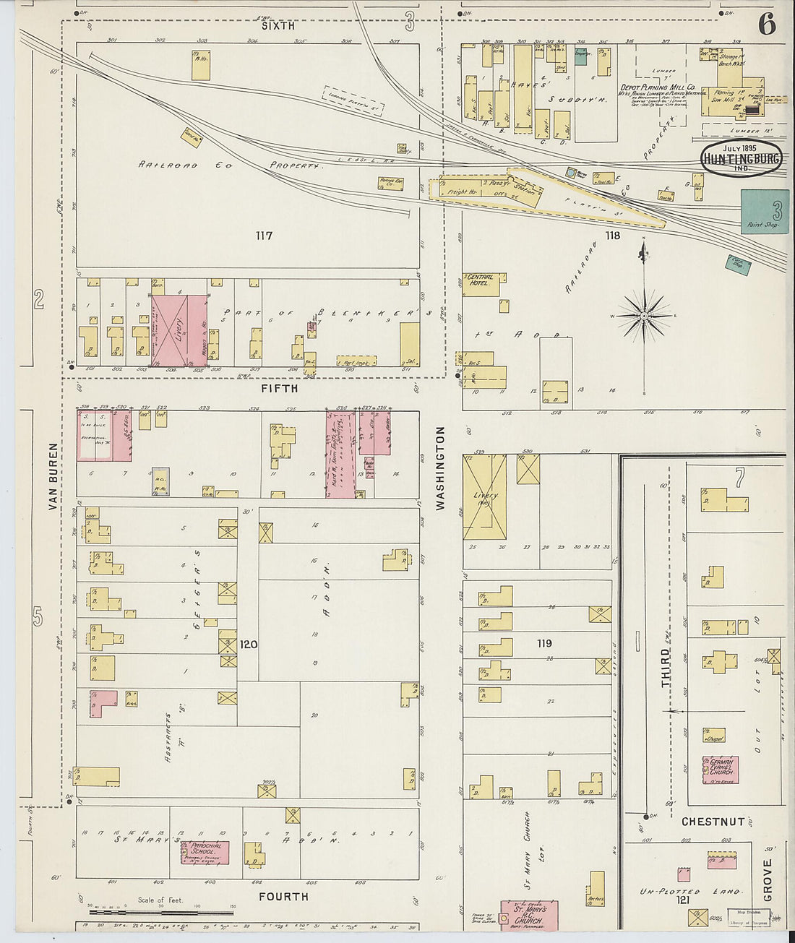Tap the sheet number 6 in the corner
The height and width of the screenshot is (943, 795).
[767, 25]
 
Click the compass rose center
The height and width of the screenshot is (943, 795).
[644, 316]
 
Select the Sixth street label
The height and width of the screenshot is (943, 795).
[278, 26]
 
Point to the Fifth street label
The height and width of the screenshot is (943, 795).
[279, 389]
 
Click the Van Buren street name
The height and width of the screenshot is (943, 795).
[53, 476]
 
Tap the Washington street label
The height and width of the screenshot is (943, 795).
[440, 468]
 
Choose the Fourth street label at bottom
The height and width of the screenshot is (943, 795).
[283, 897]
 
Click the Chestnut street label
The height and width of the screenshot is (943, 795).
[712, 822]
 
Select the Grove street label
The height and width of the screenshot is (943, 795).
[768, 879]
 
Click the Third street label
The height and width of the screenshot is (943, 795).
[665, 667]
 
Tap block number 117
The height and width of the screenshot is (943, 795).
[264, 236]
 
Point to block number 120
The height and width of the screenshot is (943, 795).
[249, 644]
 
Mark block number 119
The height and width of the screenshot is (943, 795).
[543, 643]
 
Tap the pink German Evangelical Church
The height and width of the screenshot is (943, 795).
[720, 770]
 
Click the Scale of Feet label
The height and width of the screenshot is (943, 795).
[160, 900]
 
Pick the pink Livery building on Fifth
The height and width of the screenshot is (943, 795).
[170, 330]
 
